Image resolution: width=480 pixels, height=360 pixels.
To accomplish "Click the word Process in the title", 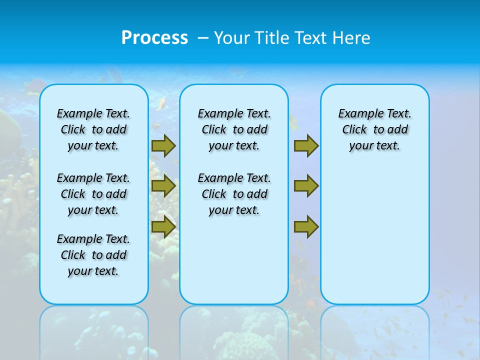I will click(154, 38).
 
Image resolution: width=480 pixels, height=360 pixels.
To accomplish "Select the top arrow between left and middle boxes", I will click(163, 146).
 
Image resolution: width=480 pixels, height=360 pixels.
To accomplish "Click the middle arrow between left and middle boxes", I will click(163, 186).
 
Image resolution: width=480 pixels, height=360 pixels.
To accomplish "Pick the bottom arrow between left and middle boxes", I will click(163, 226).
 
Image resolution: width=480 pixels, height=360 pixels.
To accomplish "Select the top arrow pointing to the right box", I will click(305, 146).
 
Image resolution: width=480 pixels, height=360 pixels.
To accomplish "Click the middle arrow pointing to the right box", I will click(305, 186).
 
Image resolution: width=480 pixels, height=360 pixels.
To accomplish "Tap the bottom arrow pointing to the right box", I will click(305, 226).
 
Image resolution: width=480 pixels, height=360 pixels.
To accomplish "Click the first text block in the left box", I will click(93, 129).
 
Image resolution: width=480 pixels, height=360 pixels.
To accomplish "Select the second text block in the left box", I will click(93, 194).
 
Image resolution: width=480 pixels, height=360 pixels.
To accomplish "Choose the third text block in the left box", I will click(93, 255).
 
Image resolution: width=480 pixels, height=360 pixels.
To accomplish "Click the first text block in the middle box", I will click(234, 129).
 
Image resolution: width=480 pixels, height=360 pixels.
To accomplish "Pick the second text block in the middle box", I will click(234, 194).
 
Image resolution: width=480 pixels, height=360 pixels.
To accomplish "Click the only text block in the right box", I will click(374, 129).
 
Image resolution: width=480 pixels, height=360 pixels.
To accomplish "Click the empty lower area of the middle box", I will click(234, 260).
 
